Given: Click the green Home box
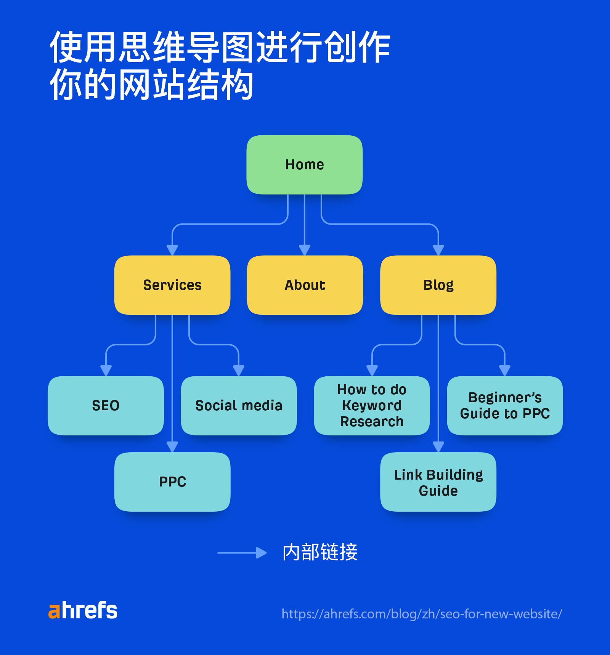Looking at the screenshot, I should [x=304, y=165].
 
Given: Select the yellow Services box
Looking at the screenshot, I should [x=172, y=285].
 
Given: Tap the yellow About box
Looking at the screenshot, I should [x=305, y=285].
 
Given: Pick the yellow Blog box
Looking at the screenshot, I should [x=438, y=285].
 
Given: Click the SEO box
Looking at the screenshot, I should [x=106, y=406].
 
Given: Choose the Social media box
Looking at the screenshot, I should [x=239, y=406].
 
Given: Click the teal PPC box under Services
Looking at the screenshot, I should [x=172, y=482].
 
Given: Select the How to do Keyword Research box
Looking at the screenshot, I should [x=372, y=406].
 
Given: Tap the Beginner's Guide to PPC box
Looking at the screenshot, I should [x=505, y=406].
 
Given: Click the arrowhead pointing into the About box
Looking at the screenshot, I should [x=304, y=250].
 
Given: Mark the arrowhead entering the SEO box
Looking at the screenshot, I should [x=106, y=370].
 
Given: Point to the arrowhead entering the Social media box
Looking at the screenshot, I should [x=239, y=370].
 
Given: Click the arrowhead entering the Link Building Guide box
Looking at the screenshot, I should [x=438, y=446].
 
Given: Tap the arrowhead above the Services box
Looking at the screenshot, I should [x=172, y=250].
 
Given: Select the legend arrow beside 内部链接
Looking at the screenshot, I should [x=242, y=553].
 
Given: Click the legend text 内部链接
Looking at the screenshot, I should [x=320, y=552].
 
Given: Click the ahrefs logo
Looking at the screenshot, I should [x=83, y=610].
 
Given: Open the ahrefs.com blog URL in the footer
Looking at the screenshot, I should [x=422, y=614].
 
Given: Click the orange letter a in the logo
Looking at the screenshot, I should [x=54, y=612].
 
